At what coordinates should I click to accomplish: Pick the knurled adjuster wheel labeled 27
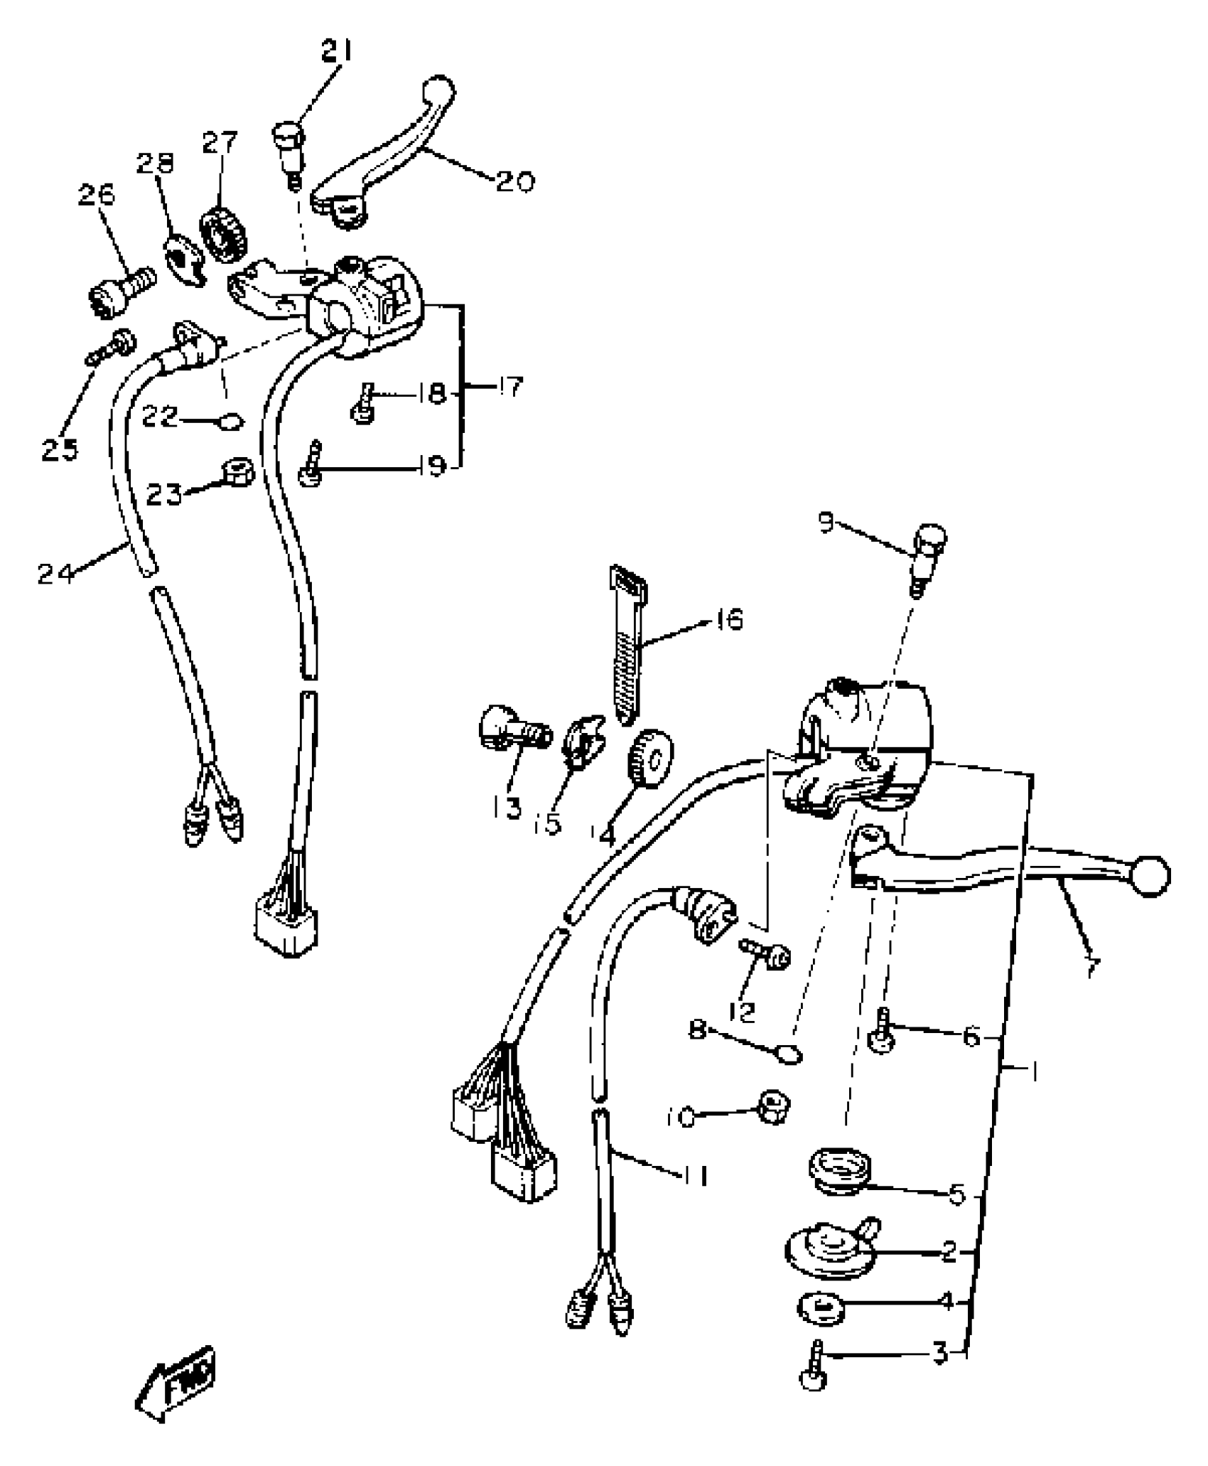[225, 234]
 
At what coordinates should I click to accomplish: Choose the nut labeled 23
[237, 472]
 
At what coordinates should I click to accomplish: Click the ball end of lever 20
[438, 91]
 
